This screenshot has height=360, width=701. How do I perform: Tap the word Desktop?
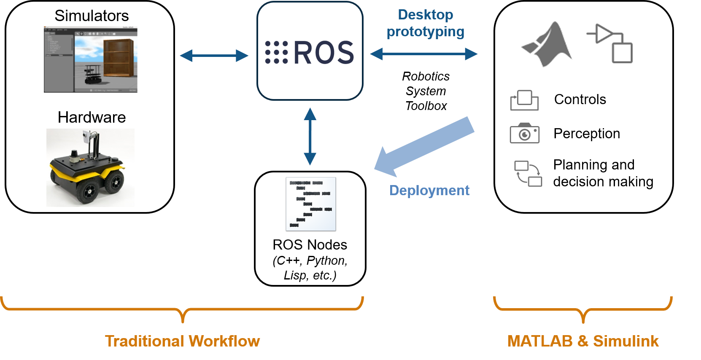point(425,15)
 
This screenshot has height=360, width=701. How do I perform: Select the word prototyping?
point(425,32)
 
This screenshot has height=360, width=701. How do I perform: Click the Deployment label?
point(429,190)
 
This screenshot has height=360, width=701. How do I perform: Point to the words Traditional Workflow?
point(182,341)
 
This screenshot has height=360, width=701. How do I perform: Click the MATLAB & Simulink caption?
point(583,341)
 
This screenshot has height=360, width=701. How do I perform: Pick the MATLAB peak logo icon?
point(547,43)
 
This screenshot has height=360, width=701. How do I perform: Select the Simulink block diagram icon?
point(610,43)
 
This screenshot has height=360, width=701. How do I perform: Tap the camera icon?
point(524,134)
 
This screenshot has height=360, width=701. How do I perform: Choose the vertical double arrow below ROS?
point(310,136)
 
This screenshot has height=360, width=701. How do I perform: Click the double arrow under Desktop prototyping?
point(423,54)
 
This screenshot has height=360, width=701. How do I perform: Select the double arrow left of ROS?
point(214,55)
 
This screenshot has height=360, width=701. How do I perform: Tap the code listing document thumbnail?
point(311,204)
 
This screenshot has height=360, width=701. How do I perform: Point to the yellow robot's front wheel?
point(89,191)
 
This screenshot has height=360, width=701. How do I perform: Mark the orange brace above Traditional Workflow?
point(182,310)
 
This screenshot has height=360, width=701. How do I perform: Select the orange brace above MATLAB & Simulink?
point(583,310)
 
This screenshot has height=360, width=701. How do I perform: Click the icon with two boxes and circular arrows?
point(528,173)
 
